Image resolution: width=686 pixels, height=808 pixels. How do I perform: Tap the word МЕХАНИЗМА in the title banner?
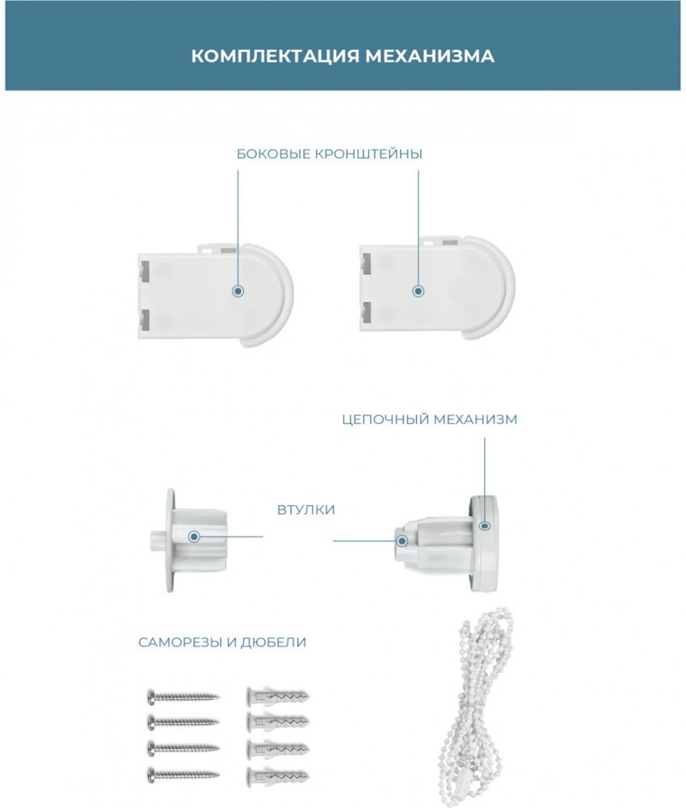[x=430, y=56]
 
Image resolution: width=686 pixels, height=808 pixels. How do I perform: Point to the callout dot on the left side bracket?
[x=238, y=291]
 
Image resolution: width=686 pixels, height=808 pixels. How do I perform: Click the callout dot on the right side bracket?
[x=418, y=291]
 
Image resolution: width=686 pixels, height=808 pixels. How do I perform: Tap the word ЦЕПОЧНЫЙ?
[x=385, y=420]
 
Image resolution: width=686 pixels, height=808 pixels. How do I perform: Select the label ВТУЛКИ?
[x=306, y=510]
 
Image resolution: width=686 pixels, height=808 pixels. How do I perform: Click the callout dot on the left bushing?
[x=194, y=537]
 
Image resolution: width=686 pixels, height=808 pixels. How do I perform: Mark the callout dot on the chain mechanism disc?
[x=485, y=526]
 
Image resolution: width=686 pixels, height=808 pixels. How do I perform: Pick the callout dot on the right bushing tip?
[x=402, y=541]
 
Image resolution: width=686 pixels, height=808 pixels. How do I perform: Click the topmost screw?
[x=183, y=697]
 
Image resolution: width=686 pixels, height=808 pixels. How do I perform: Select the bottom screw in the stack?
[x=183, y=774]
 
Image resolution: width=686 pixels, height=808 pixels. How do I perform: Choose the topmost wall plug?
[x=278, y=696]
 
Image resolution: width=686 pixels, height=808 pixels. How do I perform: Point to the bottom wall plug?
[x=278, y=775]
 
